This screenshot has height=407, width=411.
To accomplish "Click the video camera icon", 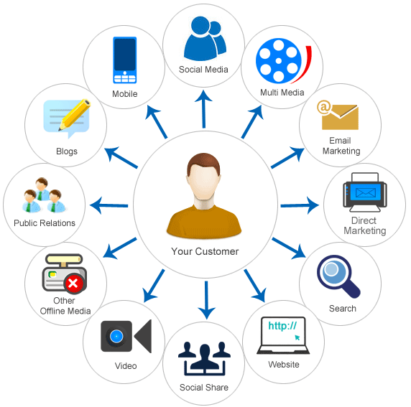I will [x=125, y=336].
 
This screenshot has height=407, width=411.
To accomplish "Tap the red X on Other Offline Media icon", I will [x=73, y=285].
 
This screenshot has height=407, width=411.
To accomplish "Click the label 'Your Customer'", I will [x=205, y=251].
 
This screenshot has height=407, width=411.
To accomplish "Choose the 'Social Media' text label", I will [x=204, y=70].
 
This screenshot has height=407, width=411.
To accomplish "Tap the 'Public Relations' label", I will [x=45, y=223].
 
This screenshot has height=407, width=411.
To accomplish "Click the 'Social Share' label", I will [x=204, y=388].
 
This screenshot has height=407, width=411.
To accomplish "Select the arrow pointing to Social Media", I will [x=204, y=108].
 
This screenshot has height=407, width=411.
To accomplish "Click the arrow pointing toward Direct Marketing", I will [x=299, y=206].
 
